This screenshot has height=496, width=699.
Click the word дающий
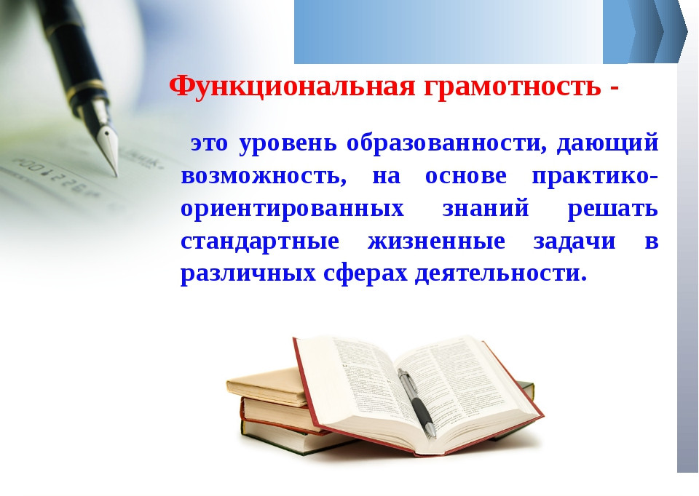tap(608, 144)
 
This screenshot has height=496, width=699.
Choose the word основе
tap(467, 177)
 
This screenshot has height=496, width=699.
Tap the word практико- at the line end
tap(595, 177)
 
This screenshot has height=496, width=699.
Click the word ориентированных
tap(292, 209)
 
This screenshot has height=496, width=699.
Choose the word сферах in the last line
tap(366, 275)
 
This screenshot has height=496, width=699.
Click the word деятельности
tap(501, 275)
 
